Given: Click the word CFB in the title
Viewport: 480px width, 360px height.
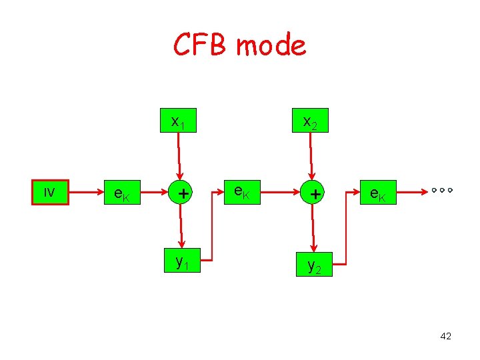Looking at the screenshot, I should [x=201, y=45].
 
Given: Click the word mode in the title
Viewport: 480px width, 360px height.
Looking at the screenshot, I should [x=271, y=45].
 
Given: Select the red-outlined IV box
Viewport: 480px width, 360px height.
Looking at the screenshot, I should [x=51, y=192].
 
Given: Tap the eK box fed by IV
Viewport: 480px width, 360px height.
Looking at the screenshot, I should [x=123, y=193].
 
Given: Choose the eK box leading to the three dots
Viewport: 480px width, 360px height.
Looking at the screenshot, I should [x=379, y=193].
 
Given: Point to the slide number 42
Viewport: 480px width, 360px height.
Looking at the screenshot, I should [x=446, y=336].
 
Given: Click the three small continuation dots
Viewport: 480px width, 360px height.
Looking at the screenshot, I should [x=441, y=191].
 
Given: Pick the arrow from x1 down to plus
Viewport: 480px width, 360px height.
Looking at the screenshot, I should [x=179, y=156].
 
